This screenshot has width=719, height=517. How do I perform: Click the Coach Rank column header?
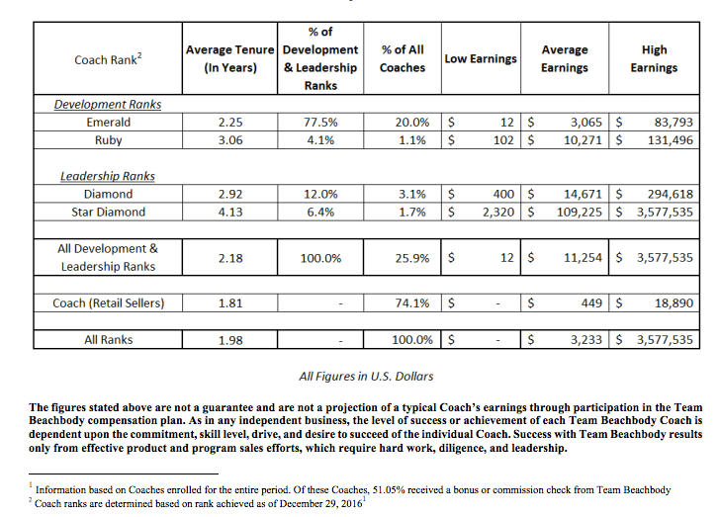[x=109, y=59]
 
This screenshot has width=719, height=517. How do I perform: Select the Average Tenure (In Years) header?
[x=229, y=58]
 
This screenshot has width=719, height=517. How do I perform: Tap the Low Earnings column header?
[x=481, y=59]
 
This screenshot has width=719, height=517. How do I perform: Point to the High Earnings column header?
[x=654, y=58]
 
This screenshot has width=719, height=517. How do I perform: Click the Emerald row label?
[x=109, y=123]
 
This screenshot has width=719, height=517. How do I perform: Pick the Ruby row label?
[x=109, y=140]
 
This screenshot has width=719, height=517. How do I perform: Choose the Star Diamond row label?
[x=109, y=212]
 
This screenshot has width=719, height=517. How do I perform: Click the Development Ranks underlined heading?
[x=110, y=104]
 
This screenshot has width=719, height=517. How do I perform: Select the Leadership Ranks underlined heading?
[x=109, y=176]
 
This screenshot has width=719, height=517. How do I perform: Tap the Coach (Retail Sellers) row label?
[x=109, y=303]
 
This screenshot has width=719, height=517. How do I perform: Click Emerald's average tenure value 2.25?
[x=229, y=123]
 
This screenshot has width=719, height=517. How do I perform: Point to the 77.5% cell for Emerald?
[x=319, y=123]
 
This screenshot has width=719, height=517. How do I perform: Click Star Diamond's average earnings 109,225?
[x=580, y=212]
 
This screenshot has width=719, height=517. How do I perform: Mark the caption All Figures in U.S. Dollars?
[x=366, y=376]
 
